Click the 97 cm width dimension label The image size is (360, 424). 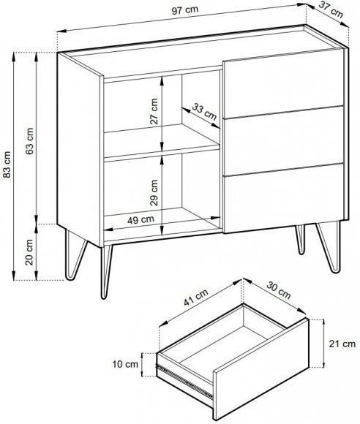pos(185,10)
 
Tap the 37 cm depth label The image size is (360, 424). pos(331,10)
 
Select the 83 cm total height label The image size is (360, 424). pos(7,164)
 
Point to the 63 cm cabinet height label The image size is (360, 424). pos(30,141)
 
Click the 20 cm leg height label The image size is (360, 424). pos(29,252)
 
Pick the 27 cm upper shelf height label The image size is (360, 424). pos(154,111)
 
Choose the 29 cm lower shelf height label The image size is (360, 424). pos(154,192)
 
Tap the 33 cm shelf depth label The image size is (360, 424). pos(204,112)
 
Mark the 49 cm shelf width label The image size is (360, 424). pos(140,219)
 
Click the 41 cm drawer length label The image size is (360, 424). pos(196,298)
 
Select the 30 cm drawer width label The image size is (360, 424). pos(279,290)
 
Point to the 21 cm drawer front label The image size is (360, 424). pos(342,344)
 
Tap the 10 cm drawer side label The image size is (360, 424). pos(125,364)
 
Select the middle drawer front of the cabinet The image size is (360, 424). pos(284,140)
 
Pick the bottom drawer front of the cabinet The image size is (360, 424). pos(284,198)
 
